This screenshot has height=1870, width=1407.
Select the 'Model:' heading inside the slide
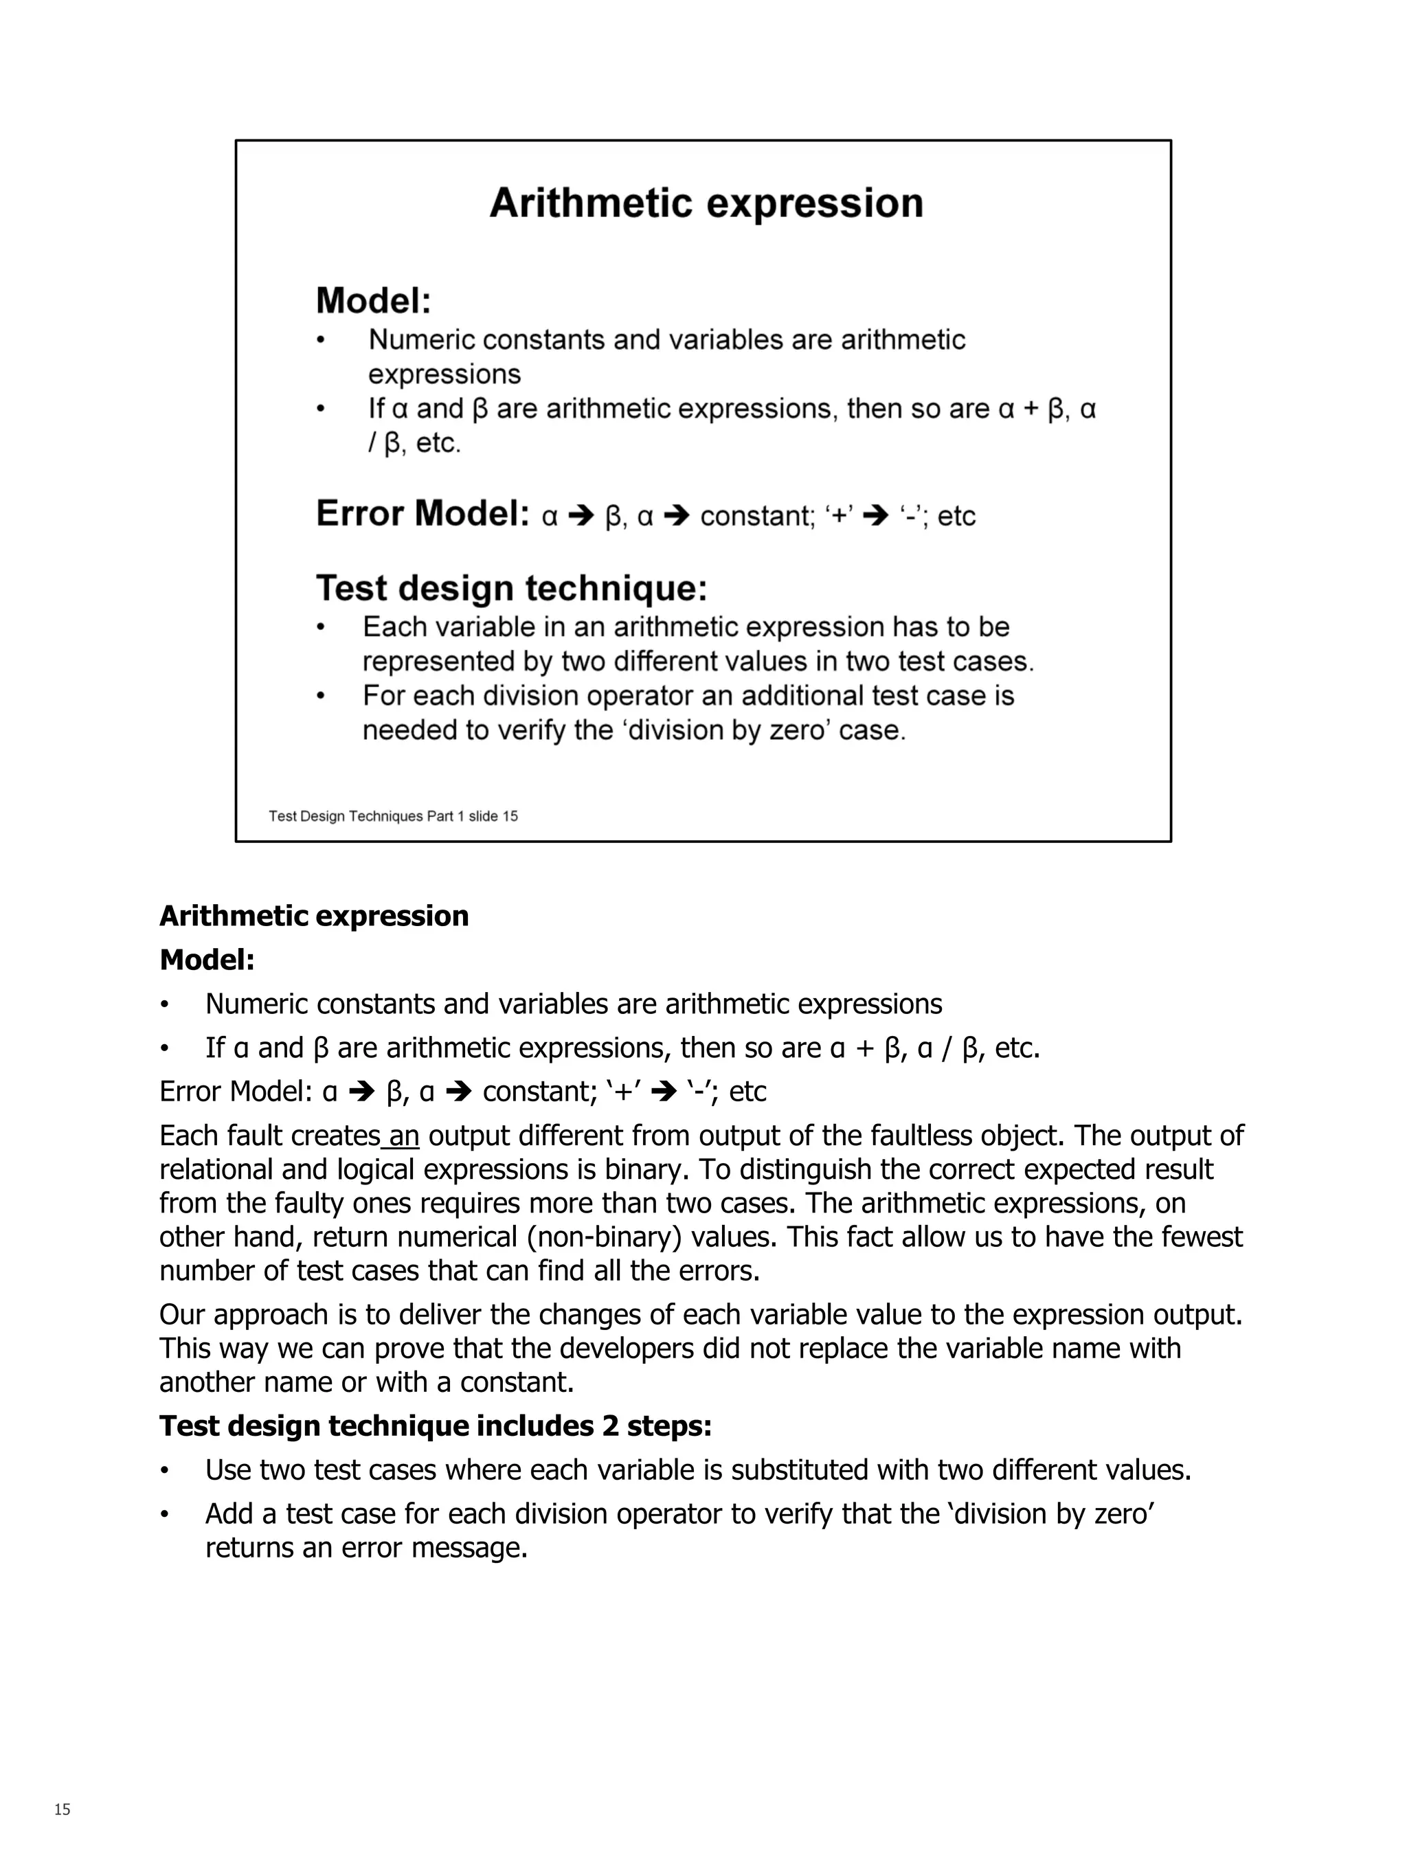point(373,300)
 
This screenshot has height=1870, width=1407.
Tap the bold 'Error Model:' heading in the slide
point(422,513)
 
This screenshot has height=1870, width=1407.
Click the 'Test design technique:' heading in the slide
point(510,587)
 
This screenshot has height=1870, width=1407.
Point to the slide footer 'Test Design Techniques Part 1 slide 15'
point(393,815)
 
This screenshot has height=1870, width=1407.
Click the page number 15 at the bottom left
point(62,1809)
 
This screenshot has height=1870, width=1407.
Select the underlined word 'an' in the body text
point(404,1136)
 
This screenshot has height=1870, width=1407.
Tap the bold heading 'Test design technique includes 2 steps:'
point(436,1426)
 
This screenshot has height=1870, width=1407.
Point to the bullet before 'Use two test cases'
point(165,1470)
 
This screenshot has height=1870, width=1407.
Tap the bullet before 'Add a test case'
point(165,1514)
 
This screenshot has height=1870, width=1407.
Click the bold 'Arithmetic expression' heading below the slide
point(314,916)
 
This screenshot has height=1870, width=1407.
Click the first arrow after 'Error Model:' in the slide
point(582,515)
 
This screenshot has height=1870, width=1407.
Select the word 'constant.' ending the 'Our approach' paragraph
point(517,1382)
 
